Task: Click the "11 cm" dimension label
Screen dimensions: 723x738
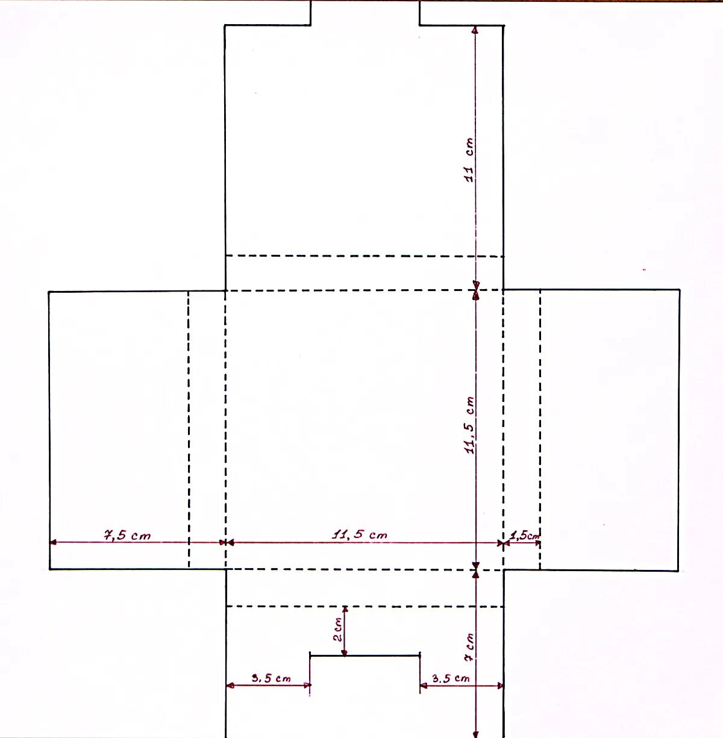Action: click(x=469, y=160)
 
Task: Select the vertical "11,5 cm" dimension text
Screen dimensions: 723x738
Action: click(x=470, y=425)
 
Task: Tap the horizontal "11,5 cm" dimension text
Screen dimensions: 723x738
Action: click(x=360, y=534)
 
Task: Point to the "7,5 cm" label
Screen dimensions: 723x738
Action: click(x=127, y=535)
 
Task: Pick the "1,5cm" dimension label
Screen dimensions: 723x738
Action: click(x=524, y=536)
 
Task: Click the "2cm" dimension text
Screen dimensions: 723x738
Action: click(x=338, y=629)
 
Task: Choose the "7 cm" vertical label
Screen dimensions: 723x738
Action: click(x=469, y=647)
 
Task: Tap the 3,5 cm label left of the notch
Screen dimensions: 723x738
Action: click(x=271, y=678)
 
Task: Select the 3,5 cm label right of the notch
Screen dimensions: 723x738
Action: click(x=451, y=678)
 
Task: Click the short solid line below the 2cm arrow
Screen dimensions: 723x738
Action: click(x=365, y=655)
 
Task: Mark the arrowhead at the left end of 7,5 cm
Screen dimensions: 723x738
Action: click(x=53, y=542)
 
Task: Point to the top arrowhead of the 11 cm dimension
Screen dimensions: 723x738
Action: click(x=475, y=30)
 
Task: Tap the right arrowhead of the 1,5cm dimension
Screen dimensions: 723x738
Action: click(x=537, y=543)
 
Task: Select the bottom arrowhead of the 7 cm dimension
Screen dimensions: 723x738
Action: click(x=475, y=734)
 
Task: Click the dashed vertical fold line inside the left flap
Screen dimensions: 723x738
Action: click(x=189, y=430)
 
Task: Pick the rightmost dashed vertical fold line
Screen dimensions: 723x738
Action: click(x=540, y=430)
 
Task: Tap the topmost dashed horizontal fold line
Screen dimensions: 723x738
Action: click(x=365, y=255)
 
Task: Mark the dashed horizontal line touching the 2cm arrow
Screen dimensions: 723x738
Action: click(x=365, y=606)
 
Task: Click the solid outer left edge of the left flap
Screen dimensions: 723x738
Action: click(x=49, y=430)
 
